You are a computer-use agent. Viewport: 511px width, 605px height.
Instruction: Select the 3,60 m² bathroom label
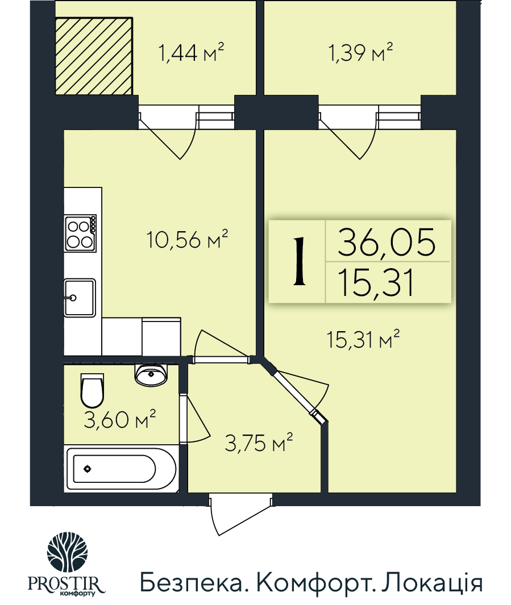click(x=120, y=421)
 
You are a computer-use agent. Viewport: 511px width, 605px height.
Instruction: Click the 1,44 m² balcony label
click(x=191, y=54)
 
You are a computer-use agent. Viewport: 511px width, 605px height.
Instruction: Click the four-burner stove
click(x=80, y=233)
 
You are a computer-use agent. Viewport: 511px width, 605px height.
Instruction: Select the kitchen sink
click(x=79, y=297)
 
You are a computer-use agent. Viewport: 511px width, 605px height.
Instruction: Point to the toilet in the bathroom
click(x=92, y=389)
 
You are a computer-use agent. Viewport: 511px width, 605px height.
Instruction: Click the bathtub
click(x=121, y=469)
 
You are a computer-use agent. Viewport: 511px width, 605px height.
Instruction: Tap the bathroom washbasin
click(x=151, y=374)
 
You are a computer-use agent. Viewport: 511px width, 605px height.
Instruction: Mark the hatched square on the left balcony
click(x=94, y=56)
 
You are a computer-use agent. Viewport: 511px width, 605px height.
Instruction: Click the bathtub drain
click(x=87, y=469)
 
